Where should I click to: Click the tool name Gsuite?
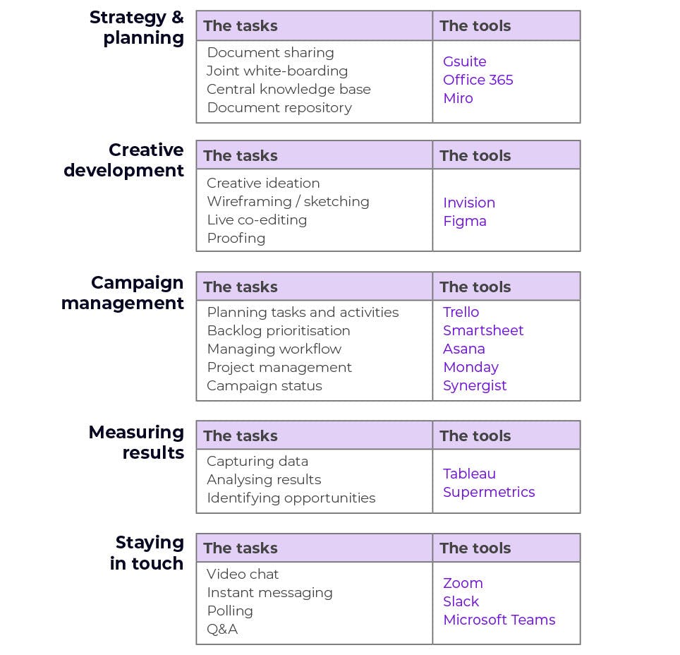pos(464,61)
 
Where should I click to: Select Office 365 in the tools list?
pos(478,80)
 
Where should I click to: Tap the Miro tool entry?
pos(458,98)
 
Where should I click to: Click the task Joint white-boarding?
pos(277,71)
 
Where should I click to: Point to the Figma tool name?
pos(464,222)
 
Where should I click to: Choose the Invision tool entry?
pos(469,203)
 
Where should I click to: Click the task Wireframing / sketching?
pos(288,201)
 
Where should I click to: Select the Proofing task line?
pos(236,239)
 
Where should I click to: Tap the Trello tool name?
pos(461,312)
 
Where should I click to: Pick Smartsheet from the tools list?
pos(483,330)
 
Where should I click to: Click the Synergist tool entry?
pos(475,386)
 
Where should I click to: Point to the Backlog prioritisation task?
pos(279,331)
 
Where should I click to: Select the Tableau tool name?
pos(469,474)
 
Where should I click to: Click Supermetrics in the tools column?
pos(489,492)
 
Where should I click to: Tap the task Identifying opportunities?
pos(291,498)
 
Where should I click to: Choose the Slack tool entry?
pos(461,601)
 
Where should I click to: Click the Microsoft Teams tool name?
pos(499,620)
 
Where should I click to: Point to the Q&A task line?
pos(222,629)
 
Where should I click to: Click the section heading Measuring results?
pos(137,443)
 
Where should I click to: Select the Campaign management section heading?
pos(123,293)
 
